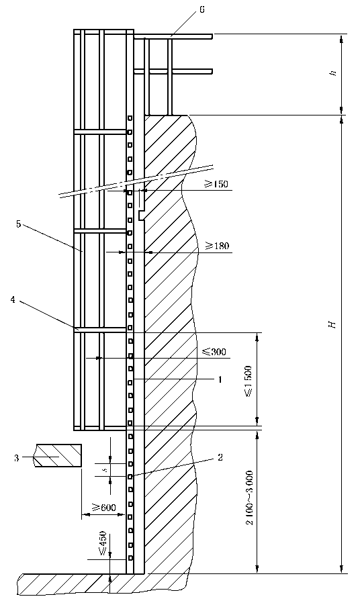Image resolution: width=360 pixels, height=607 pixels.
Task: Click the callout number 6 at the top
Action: coord(202,9)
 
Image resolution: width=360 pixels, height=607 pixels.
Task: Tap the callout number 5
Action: coord(19,224)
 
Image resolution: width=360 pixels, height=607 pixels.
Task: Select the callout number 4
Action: coord(13,299)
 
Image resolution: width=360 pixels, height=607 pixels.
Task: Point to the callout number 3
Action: coord(17,458)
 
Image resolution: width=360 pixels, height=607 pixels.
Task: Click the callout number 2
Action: coord(220,457)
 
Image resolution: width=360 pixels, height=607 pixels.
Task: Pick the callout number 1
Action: coord(220,380)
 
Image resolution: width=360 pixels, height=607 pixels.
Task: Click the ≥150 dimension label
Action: coord(216,184)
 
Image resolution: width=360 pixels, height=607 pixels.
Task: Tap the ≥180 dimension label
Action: coord(217,246)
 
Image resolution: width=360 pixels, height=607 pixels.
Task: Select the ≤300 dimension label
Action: coord(214,352)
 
